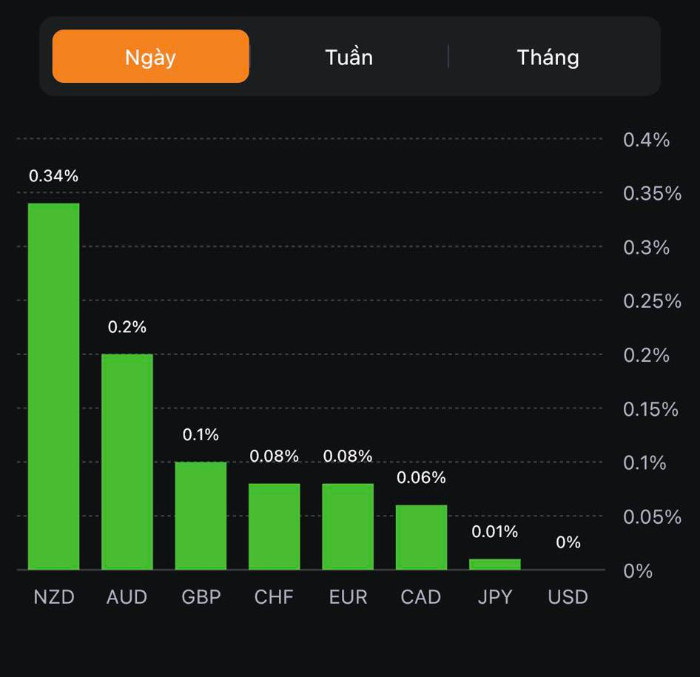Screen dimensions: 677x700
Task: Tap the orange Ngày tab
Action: coord(150,57)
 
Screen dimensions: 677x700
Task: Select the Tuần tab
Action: coord(349,57)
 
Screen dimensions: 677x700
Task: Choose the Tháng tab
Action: coord(548,57)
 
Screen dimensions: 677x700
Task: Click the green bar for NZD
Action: coord(54,386)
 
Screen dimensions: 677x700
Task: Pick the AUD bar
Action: coord(127,462)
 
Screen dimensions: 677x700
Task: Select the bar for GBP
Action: coord(201,516)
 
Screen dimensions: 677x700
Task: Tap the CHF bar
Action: coord(274,526)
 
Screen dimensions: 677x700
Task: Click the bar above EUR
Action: coord(348,526)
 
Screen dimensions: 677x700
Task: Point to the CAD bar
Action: coord(421,537)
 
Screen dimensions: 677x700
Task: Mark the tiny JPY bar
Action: coord(495,564)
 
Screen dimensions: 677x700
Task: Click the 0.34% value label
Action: coord(53,176)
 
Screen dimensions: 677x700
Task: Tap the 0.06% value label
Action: coord(421,478)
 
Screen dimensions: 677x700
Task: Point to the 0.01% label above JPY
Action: coord(495,532)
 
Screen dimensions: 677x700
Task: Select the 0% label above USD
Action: coord(568,542)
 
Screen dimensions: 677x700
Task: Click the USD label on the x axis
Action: coord(568,597)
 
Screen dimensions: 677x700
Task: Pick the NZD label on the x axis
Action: coord(54,597)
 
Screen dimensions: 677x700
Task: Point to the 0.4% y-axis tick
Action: coord(646,140)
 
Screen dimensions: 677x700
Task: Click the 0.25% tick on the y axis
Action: coord(652,301)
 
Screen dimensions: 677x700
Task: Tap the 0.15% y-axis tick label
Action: coord(650,409)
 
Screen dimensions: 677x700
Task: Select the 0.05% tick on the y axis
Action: coord(652,517)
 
